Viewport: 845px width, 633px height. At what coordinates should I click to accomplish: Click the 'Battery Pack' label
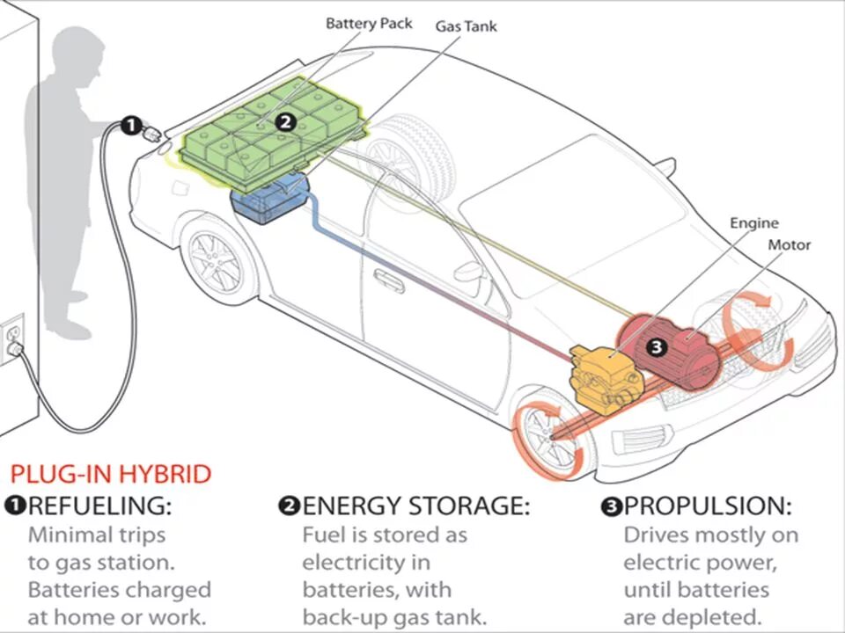[x=369, y=23]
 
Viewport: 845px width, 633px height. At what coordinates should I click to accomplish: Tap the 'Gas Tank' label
[x=466, y=26]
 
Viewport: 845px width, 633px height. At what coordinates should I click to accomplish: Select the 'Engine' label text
[x=754, y=223]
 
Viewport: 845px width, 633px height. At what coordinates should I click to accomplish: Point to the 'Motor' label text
[x=789, y=245]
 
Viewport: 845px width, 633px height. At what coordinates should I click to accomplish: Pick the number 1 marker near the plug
[x=129, y=126]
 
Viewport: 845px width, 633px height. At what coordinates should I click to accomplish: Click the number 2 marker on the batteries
[x=284, y=122]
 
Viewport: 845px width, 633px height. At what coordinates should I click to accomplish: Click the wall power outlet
[x=12, y=338]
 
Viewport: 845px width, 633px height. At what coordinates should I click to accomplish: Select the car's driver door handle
[x=388, y=280]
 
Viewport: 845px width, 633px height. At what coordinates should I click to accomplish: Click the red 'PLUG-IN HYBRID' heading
[x=111, y=475]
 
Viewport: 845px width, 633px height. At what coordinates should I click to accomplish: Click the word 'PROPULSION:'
[x=708, y=506]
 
